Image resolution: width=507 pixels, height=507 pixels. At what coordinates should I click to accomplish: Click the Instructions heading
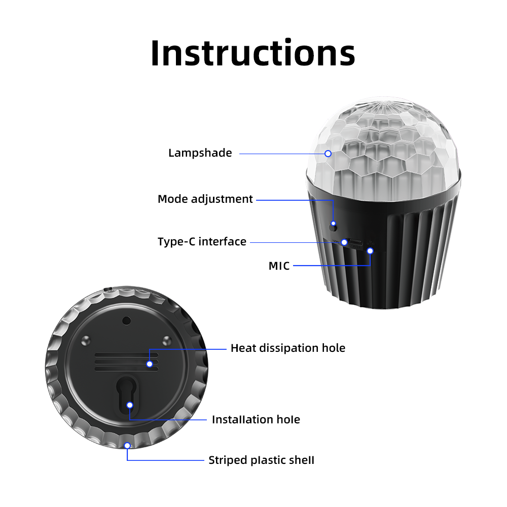pyautogui.click(x=253, y=53)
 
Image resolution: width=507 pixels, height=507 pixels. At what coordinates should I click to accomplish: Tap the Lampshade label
pyautogui.click(x=200, y=153)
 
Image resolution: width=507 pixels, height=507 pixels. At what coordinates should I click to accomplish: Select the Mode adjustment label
pyautogui.click(x=205, y=199)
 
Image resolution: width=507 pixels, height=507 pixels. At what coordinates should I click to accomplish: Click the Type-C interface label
pyautogui.click(x=202, y=241)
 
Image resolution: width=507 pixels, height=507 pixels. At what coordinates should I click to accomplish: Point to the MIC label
pyautogui.click(x=279, y=266)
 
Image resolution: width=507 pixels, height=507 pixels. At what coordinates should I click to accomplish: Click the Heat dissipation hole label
pyautogui.click(x=288, y=348)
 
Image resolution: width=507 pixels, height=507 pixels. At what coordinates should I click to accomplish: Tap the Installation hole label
pyautogui.click(x=256, y=419)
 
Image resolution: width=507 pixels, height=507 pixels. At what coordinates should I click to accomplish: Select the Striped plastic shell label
pyautogui.click(x=261, y=460)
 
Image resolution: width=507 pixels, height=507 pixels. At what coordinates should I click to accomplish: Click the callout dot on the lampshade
pyautogui.click(x=328, y=154)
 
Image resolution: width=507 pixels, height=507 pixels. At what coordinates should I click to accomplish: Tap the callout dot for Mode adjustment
pyautogui.click(x=334, y=224)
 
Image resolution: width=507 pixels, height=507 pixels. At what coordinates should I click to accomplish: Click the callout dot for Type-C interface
pyautogui.click(x=344, y=242)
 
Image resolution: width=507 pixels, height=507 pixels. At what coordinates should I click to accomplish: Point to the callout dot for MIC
pyautogui.click(x=370, y=251)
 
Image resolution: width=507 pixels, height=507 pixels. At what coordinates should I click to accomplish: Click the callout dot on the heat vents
pyautogui.click(x=150, y=364)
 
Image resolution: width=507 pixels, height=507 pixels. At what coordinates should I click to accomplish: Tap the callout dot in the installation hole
pyautogui.click(x=130, y=405)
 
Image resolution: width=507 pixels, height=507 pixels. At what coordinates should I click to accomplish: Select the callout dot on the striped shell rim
pyautogui.click(x=127, y=446)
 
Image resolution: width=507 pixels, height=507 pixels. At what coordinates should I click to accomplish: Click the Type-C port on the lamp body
pyautogui.click(x=356, y=242)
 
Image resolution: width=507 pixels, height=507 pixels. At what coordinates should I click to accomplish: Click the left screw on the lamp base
pyautogui.click(x=86, y=341)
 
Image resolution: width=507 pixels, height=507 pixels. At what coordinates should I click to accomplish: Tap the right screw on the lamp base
pyautogui.click(x=167, y=341)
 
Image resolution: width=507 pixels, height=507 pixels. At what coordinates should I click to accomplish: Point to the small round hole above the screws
pyautogui.click(x=126, y=321)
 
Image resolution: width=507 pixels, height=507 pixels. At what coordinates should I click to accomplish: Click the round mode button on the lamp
pyautogui.click(x=333, y=227)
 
